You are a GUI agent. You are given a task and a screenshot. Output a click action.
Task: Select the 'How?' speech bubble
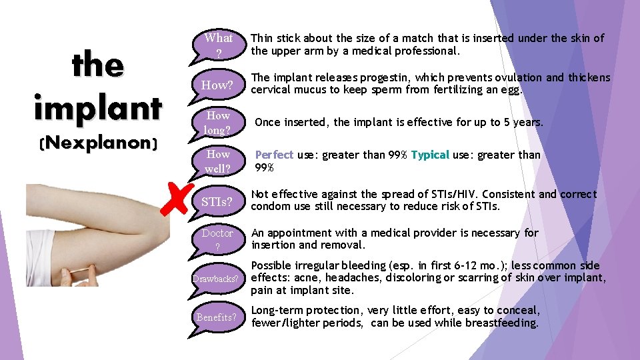pos(217,85)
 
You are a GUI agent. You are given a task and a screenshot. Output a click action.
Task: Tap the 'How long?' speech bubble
pos(218,123)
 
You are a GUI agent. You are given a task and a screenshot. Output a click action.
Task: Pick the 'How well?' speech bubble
pos(218,161)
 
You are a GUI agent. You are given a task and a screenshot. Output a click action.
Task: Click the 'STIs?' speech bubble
pos(217,201)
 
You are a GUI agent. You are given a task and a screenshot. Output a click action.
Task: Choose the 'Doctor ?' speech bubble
pos(217,239)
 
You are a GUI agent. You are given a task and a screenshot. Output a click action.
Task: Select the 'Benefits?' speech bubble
pos(217,317)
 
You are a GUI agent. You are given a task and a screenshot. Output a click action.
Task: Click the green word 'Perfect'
pos(274,155)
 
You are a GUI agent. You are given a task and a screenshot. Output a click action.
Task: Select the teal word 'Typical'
pos(430,155)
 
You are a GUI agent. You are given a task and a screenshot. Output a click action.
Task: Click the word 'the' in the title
pos(98,65)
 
